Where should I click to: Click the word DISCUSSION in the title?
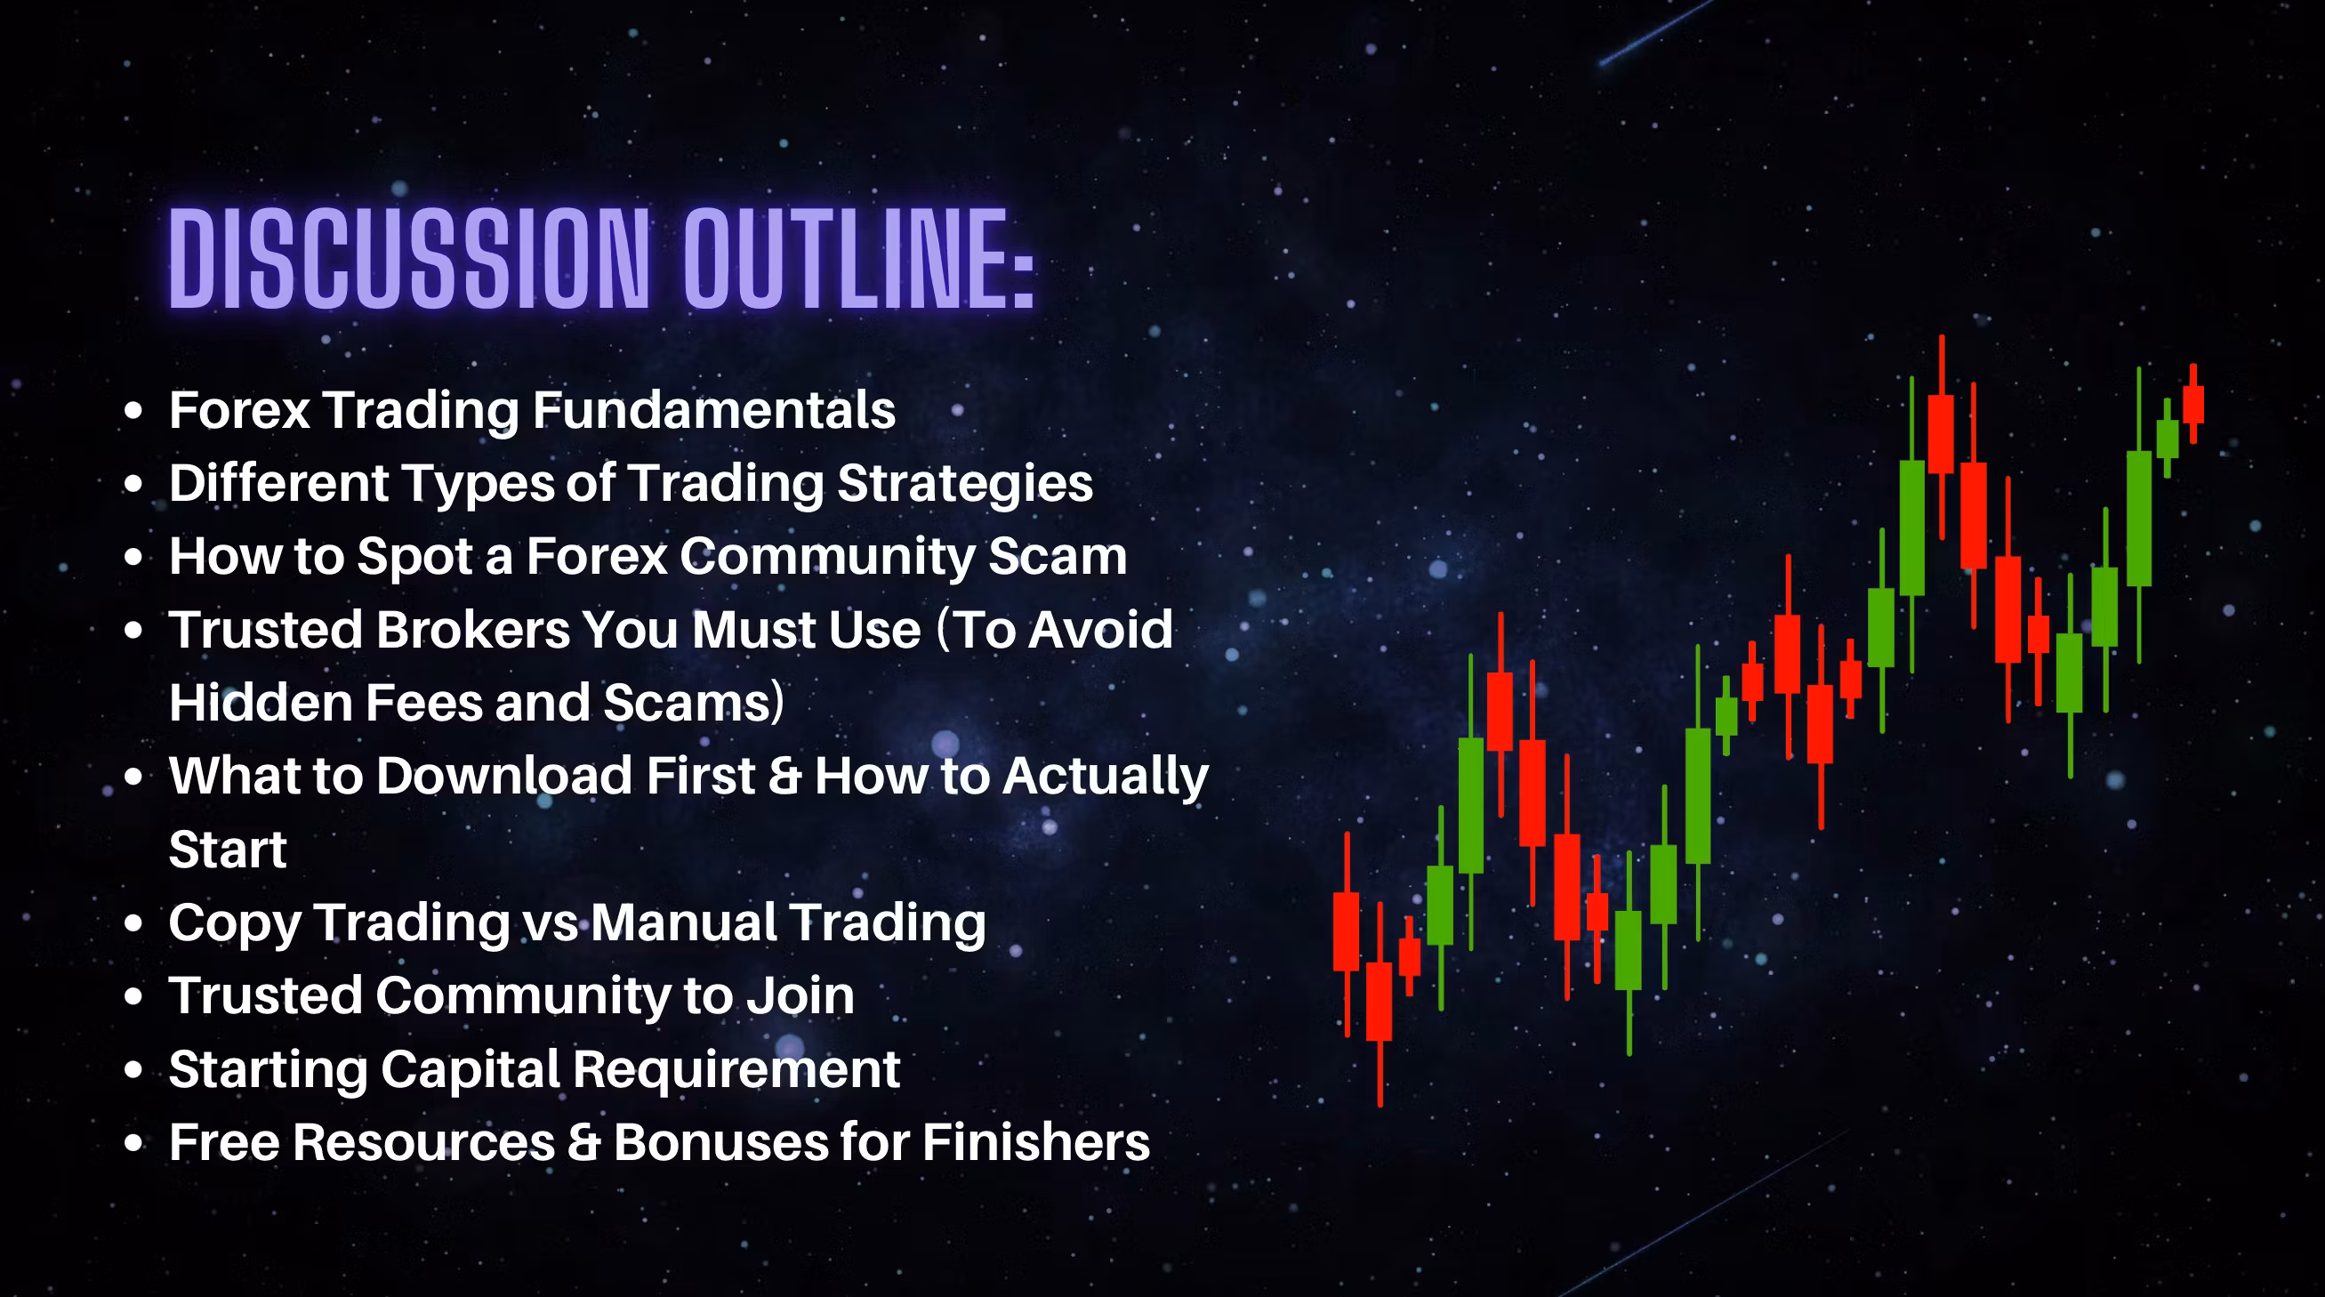(x=409, y=258)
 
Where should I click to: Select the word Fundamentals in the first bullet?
(x=713, y=410)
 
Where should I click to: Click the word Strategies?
(x=965, y=485)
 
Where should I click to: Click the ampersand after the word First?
(x=784, y=777)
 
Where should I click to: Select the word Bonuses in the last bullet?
(x=720, y=1141)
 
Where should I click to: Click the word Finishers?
(x=1036, y=1141)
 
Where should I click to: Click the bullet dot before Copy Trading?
(x=133, y=922)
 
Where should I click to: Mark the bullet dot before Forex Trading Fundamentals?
(x=133, y=411)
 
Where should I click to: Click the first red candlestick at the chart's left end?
(x=1347, y=933)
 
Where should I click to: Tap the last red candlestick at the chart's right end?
(x=2193, y=403)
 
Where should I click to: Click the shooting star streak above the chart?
(x=1656, y=33)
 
